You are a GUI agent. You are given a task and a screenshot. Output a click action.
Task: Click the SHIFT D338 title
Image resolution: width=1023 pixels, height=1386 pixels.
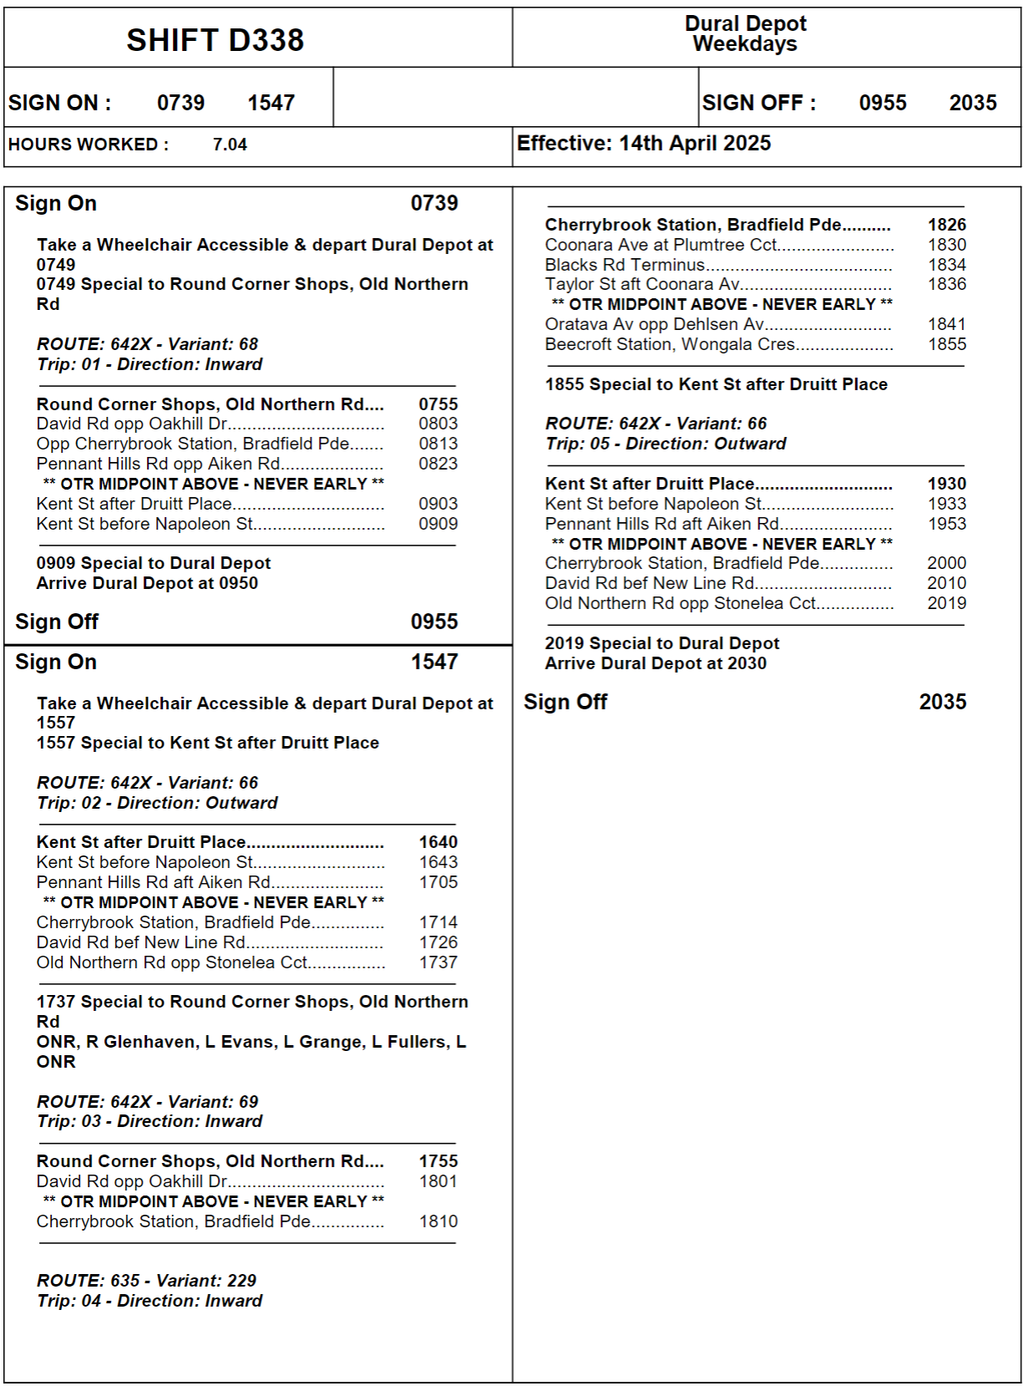pos(215,40)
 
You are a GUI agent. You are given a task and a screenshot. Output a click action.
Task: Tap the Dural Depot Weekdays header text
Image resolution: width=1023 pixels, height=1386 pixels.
pos(745,33)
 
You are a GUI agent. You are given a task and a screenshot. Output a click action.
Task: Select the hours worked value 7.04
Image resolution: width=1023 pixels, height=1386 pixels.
pos(230,145)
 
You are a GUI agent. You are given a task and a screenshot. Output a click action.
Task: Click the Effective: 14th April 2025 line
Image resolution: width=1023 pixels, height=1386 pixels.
pos(643,143)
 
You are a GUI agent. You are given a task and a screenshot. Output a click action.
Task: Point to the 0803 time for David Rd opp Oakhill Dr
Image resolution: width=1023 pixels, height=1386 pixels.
pos(438,424)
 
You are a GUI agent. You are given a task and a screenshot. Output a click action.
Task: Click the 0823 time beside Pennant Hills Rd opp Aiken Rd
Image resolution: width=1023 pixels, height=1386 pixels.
pos(438,464)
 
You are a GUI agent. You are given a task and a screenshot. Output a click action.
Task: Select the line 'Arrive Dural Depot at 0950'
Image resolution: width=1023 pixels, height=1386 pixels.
pos(147,583)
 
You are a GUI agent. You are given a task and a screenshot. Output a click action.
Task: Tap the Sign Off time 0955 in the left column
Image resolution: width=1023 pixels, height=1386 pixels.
pos(434,622)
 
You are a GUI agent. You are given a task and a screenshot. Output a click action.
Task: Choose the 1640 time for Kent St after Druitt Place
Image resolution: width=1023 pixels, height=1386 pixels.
pos(438,842)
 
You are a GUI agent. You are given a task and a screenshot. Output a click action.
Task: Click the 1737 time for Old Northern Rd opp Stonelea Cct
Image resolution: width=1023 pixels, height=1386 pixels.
pos(438,962)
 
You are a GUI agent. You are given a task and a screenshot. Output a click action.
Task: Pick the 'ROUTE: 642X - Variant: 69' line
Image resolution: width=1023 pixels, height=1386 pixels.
pos(148,1102)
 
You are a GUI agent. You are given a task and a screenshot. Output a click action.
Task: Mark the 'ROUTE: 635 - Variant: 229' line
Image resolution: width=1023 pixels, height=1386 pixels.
pos(147,1281)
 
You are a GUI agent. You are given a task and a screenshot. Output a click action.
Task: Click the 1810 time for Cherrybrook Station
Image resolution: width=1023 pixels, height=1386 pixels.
pos(438,1221)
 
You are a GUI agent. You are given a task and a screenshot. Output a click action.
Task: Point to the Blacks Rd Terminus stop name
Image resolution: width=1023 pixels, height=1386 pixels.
pos(625,265)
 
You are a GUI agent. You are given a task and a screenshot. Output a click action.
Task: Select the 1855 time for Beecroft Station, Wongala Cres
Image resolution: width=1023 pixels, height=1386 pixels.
pos(947,344)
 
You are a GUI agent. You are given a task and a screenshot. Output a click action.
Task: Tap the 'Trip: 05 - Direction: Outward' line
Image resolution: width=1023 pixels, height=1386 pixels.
pos(666,444)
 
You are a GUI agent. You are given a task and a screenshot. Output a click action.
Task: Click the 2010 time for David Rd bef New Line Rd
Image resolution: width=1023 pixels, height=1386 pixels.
pos(947,583)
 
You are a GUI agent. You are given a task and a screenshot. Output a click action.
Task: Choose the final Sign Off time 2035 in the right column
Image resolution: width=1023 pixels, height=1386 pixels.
pos(943,702)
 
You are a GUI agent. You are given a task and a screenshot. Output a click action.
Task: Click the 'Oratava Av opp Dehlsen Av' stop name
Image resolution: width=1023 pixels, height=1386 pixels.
pos(654,324)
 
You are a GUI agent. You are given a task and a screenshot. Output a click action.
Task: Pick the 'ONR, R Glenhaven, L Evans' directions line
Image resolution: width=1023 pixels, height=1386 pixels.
pos(251,1042)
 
